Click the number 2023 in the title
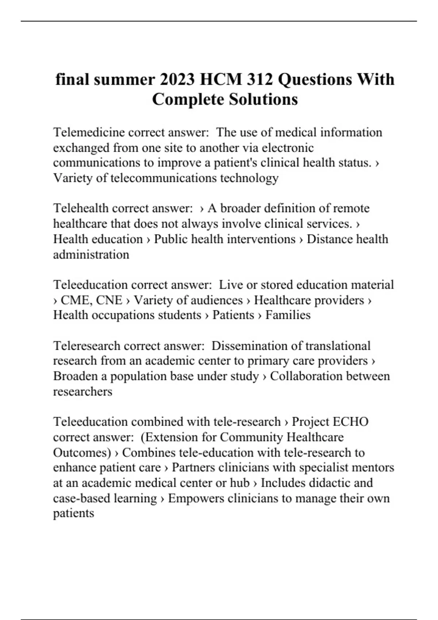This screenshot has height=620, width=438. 176,80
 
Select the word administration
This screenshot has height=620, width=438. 91,254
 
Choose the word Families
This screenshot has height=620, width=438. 288,315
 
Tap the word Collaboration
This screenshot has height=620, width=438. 306,376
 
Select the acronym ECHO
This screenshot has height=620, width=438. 351,422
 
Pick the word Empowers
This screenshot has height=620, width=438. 196,498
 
